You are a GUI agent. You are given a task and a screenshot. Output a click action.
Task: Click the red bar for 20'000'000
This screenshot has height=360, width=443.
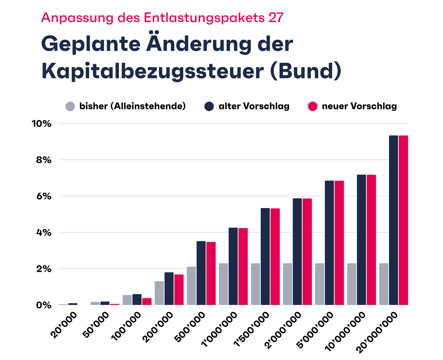tap(403, 220)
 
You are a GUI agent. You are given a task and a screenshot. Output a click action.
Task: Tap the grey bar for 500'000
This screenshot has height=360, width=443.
tap(191, 286)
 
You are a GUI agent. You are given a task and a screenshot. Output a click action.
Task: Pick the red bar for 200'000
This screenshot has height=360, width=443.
tap(179, 290)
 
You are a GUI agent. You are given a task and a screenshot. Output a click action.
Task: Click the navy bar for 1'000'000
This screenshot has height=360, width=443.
tap(233, 266)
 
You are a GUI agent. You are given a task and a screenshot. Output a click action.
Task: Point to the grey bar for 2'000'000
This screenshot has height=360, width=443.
tap(288, 284)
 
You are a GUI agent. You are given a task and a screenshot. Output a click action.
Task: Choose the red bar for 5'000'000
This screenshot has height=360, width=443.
tap(339, 243)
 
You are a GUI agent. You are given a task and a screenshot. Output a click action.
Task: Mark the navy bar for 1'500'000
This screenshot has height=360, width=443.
tap(265, 256)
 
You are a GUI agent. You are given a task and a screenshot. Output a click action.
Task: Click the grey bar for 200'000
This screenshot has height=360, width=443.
tap(159, 293)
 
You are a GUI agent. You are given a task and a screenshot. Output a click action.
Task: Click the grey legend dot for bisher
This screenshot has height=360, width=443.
tap(70, 106)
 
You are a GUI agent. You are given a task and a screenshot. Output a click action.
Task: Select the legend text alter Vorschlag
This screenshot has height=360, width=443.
tap(254, 106)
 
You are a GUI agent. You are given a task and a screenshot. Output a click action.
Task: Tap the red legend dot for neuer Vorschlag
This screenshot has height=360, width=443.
tap(313, 106)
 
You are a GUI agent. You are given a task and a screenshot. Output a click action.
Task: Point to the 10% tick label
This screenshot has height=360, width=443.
tap(41, 124)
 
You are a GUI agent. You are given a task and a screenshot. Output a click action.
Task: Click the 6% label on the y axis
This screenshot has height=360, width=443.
tap(44, 196)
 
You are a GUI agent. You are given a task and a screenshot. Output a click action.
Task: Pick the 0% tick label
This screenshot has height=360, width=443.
tap(44, 305)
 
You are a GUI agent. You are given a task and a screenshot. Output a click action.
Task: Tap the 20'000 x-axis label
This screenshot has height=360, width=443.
tap(64, 325)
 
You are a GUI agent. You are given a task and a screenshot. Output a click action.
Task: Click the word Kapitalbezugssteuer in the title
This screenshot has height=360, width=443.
tap(152, 71)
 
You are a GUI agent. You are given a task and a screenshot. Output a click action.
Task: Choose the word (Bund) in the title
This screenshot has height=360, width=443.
tap(306, 71)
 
